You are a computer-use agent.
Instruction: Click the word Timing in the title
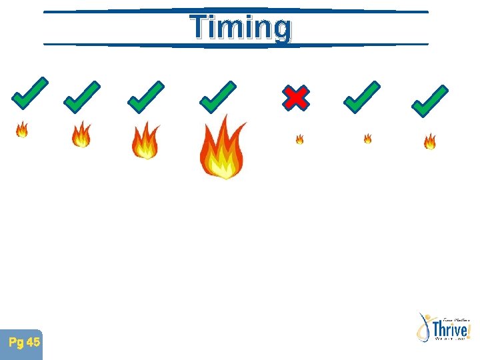(241, 28)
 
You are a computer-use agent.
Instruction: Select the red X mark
(295, 98)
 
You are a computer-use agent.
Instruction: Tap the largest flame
(223, 148)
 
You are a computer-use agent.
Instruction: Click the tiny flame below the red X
(299, 139)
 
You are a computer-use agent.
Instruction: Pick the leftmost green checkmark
(29, 93)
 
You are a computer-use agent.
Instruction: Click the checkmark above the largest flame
(217, 97)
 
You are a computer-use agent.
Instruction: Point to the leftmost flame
(22, 129)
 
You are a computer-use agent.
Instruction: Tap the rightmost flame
(430, 141)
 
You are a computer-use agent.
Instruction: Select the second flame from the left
(81, 135)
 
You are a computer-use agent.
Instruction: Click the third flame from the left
(145, 141)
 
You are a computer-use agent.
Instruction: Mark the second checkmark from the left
(81, 97)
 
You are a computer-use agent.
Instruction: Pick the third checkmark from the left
(145, 97)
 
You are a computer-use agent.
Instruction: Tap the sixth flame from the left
(367, 139)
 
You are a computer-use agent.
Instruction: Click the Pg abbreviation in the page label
(16, 343)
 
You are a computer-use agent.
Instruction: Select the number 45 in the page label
(33, 343)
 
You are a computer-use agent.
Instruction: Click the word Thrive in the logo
(450, 329)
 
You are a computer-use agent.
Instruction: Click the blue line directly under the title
(236, 45)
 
